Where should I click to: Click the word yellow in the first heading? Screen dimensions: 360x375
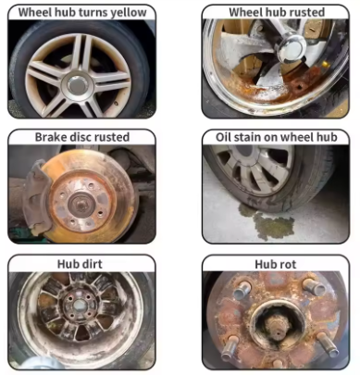[x=129, y=13]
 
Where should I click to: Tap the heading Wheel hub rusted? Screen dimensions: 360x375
[x=277, y=12]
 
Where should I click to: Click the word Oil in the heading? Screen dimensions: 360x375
[x=223, y=137]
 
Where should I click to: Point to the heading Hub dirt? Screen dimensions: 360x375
[x=80, y=264]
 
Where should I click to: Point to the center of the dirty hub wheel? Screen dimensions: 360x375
[x=80, y=306]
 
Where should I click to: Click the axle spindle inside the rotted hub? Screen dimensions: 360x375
[x=276, y=328]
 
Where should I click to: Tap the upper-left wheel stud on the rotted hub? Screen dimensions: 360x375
[x=242, y=290]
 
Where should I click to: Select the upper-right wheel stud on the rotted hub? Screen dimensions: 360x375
[x=314, y=287]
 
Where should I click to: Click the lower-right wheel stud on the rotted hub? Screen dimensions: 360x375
[x=328, y=345]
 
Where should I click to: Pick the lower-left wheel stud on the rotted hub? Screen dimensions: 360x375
[x=229, y=347]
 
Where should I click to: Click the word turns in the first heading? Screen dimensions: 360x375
[x=93, y=12]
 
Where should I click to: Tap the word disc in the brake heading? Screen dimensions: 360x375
[x=81, y=137]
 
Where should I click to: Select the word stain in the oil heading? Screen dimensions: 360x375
[x=248, y=137]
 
